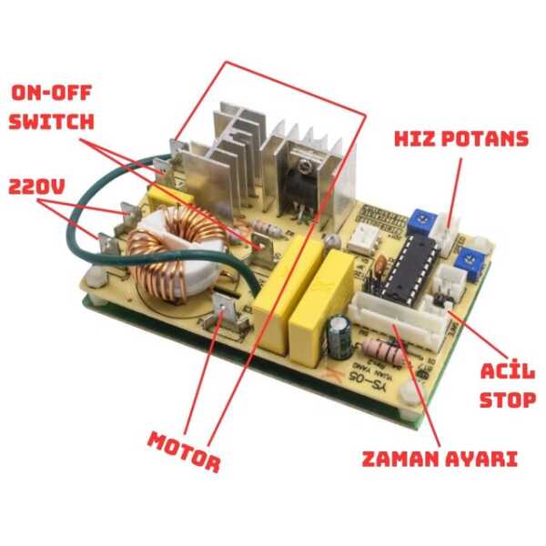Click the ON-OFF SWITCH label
click(53, 106)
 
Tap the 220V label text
click(37, 187)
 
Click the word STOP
click(507, 399)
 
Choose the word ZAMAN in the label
click(400, 458)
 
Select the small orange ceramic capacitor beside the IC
click(376, 265)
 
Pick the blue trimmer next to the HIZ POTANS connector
click(420, 218)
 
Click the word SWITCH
click(53, 120)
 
